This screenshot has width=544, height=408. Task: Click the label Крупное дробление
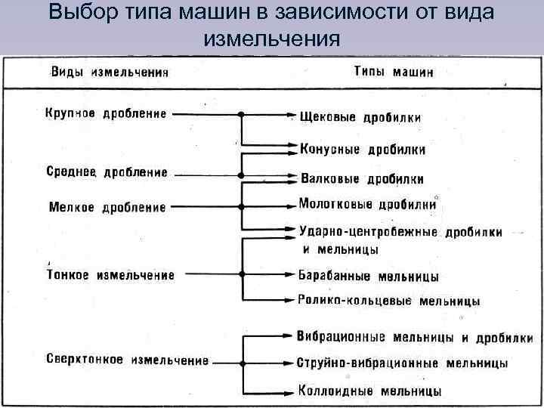point(106,114)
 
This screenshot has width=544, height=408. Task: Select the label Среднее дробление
point(107,172)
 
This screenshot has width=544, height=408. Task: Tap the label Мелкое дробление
point(107,206)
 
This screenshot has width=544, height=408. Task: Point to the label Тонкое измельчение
point(110,275)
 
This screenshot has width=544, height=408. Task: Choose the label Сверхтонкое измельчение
point(127,360)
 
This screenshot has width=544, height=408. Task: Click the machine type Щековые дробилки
point(360,117)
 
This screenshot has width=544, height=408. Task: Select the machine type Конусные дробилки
point(363,149)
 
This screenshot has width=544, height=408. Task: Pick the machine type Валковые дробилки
point(362,179)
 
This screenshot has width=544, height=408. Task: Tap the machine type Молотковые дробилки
point(367,204)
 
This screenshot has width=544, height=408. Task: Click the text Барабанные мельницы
point(369,277)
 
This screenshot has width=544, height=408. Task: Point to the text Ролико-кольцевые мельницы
point(388,300)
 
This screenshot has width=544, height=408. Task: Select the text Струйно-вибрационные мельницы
point(403,363)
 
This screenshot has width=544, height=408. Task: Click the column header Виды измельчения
point(110,74)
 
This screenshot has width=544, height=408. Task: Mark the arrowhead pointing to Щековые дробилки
point(292,116)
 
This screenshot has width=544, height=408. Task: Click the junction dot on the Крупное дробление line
point(240,115)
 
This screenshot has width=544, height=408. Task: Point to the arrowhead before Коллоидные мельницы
point(292,390)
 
